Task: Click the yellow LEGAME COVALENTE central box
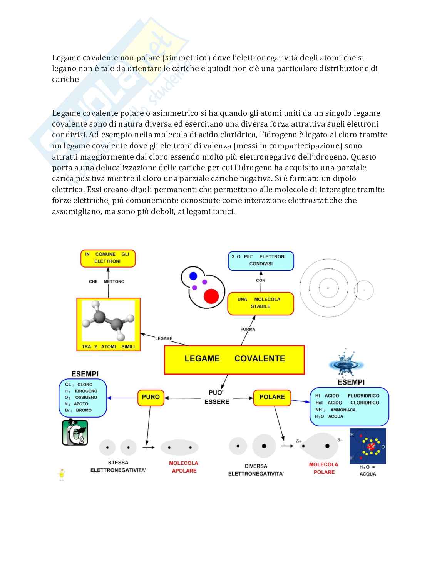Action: [x=234, y=360]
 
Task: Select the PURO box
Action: [x=151, y=397]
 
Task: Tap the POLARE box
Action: [x=272, y=397]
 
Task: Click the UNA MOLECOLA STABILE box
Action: [x=260, y=303]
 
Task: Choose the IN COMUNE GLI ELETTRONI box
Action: [x=108, y=258]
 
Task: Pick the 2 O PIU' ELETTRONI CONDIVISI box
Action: [x=261, y=260]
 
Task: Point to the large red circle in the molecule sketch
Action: [x=211, y=296]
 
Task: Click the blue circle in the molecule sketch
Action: [x=193, y=276]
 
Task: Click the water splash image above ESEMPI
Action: [x=346, y=363]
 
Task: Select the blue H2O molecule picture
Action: [x=367, y=446]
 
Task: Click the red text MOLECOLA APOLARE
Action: [x=184, y=467]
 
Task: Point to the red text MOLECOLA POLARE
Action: [x=323, y=468]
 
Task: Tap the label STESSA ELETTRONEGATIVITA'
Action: [x=118, y=466]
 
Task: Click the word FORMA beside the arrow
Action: [x=248, y=329]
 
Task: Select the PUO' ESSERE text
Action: [x=216, y=397]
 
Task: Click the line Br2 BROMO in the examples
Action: [x=79, y=410]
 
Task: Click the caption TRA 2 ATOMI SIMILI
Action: [x=108, y=346]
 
